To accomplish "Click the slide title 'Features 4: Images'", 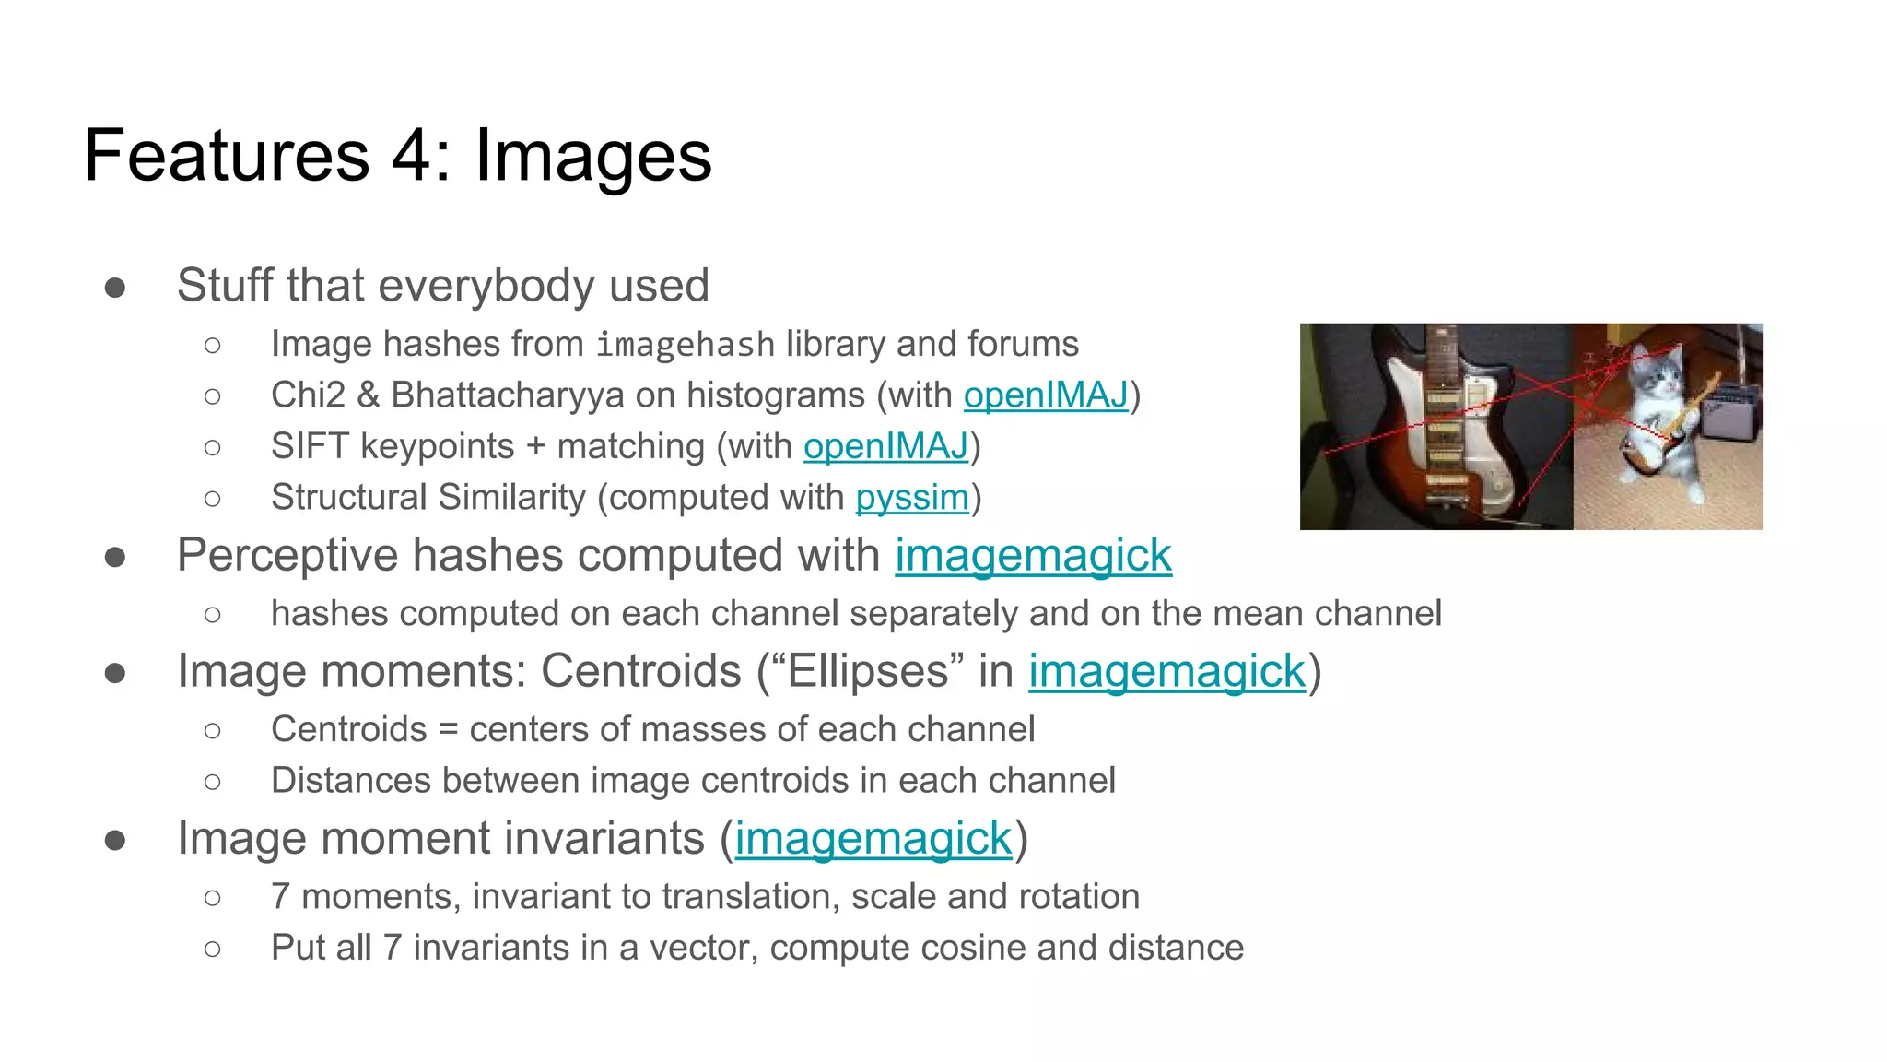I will click(x=397, y=156).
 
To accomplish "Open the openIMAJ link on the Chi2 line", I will click(x=1046, y=395).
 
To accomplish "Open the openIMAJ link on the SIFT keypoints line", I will click(x=885, y=447).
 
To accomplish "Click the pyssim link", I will click(x=911, y=498).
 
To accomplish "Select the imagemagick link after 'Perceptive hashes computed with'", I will click(x=1033, y=556).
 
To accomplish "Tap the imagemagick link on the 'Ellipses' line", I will click(x=1166, y=671).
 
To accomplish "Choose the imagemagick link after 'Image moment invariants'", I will click(x=873, y=839).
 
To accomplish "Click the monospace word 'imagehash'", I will click(x=685, y=345).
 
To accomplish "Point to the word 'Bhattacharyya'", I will click(x=508, y=395).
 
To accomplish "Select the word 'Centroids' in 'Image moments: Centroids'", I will click(x=640, y=671).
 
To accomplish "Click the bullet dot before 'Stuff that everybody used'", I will click(x=115, y=288).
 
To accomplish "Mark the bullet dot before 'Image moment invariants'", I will click(x=115, y=841).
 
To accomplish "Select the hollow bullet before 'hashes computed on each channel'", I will click(x=213, y=615).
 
